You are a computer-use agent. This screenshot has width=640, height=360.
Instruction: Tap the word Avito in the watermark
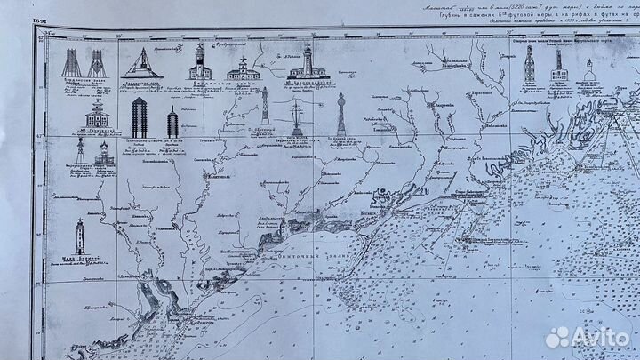[x=600, y=337]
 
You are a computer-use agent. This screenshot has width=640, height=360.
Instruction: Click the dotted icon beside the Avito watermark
[x=557, y=337]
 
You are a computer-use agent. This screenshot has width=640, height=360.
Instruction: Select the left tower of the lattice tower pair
[x=70, y=62]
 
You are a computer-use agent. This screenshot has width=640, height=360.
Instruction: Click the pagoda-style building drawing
[x=98, y=114]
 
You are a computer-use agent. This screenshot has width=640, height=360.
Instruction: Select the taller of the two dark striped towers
[x=139, y=117]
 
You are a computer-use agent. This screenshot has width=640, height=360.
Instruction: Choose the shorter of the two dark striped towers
[x=172, y=122]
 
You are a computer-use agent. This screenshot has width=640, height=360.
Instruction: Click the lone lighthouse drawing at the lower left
[x=80, y=237]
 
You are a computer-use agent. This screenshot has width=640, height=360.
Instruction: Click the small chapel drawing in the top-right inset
[x=588, y=71]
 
